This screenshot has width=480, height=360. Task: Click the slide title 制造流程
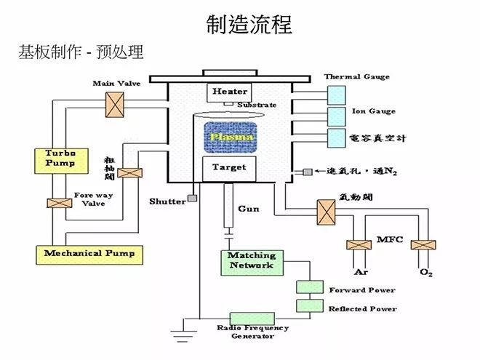(249, 24)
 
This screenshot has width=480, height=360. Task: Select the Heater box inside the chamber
(229, 92)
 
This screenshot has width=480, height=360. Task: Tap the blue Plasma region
(229, 137)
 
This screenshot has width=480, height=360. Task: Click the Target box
(229, 168)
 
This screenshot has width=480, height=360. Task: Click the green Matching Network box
(252, 261)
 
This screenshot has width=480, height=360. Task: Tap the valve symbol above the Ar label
(360, 245)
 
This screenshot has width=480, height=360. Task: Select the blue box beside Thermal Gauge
(337, 94)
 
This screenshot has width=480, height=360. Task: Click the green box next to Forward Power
(308, 289)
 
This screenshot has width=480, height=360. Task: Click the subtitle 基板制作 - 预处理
(81, 53)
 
